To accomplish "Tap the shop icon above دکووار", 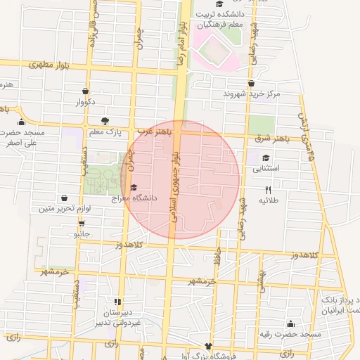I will [85, 91].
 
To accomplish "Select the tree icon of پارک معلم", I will [105, 120].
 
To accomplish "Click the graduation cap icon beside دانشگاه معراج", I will [134, 187].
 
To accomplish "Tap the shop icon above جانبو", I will [82, 222].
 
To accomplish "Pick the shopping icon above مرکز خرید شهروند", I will [251, 82].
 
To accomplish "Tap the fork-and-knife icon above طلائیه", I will [267, 190].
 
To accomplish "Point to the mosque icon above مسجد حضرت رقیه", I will [290, 323].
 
